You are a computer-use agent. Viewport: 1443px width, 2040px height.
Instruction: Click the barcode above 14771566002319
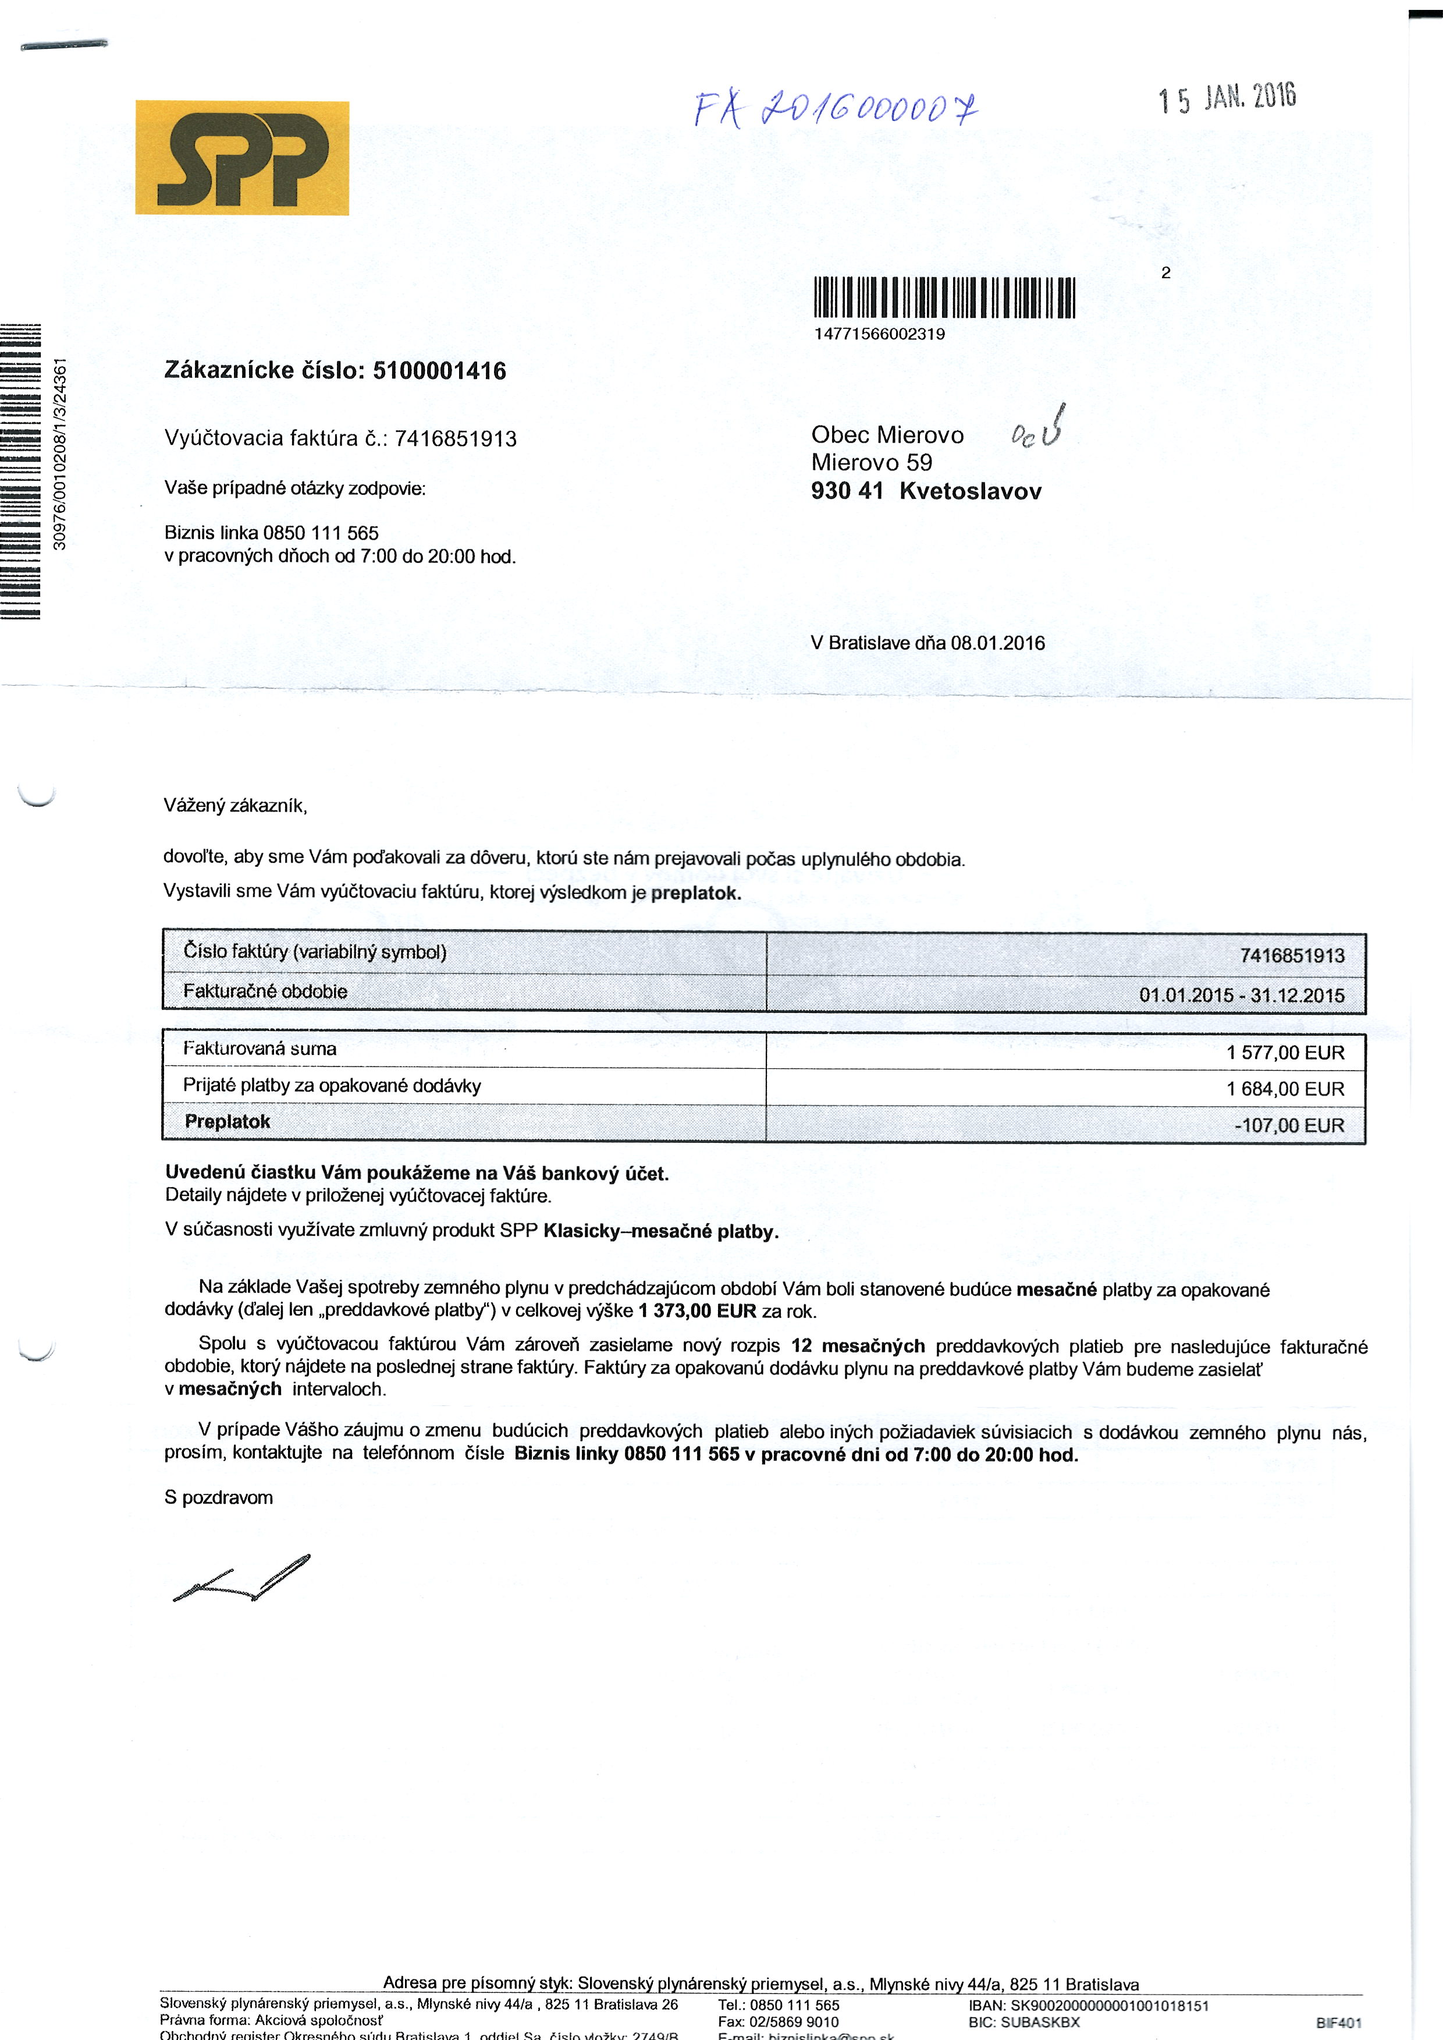tap(944, 297)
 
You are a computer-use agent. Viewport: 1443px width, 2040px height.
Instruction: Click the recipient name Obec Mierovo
tap(887, 435)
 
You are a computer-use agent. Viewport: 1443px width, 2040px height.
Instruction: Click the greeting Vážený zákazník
tap(234, 805)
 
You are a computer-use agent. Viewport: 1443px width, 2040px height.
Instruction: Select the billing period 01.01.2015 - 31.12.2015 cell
tap(1241, 994)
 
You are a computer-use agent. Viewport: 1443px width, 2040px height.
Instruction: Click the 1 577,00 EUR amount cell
tap(1285, 1053)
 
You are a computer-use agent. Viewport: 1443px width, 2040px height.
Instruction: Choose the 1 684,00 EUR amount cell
tap(1285, 1089)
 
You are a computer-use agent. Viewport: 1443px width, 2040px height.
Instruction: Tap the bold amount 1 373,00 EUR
tap(696, 1310)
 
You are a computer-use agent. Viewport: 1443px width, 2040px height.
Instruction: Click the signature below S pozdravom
tap(241, 1579)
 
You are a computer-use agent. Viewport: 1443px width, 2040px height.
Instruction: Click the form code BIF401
tap(1338, 2022)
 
